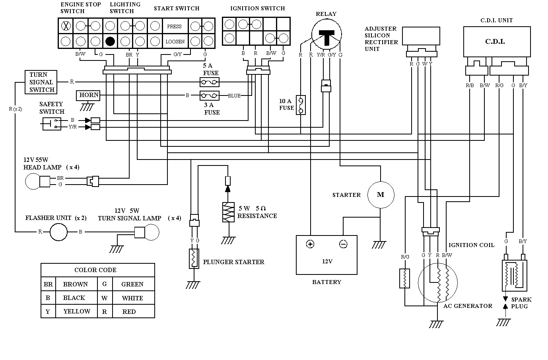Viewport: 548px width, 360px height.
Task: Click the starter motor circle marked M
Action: click(381, 195)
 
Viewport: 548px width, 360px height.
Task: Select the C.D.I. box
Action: click(496, 42)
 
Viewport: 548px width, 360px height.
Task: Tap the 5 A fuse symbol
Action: click(209, 82)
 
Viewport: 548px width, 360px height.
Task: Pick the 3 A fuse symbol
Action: click(209, 96)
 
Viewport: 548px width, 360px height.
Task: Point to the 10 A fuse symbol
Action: click(301, 105)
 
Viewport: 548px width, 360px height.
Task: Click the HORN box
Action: click(89, 95)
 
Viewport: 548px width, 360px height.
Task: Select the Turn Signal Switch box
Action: click(41, 82)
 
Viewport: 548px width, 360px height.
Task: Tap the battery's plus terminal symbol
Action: click(310, 244)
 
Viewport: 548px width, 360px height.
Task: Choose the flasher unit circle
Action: click(58, 232)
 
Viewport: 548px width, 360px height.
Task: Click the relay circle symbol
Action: click(326, 36)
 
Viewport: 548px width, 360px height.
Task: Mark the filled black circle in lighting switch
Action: click(110, 41)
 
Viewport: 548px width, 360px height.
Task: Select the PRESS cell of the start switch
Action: click(174, 27)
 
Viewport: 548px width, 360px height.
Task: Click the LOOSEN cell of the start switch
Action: click(175, 41)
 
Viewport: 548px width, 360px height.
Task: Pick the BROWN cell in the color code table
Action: click(76, 284)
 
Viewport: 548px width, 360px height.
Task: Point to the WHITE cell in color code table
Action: click(132, 298)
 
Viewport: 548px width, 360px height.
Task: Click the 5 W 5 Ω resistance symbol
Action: click(227, 212)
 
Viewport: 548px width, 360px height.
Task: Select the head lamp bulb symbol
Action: click(33, 181)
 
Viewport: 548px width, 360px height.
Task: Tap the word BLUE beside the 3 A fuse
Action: click(234, 96)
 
